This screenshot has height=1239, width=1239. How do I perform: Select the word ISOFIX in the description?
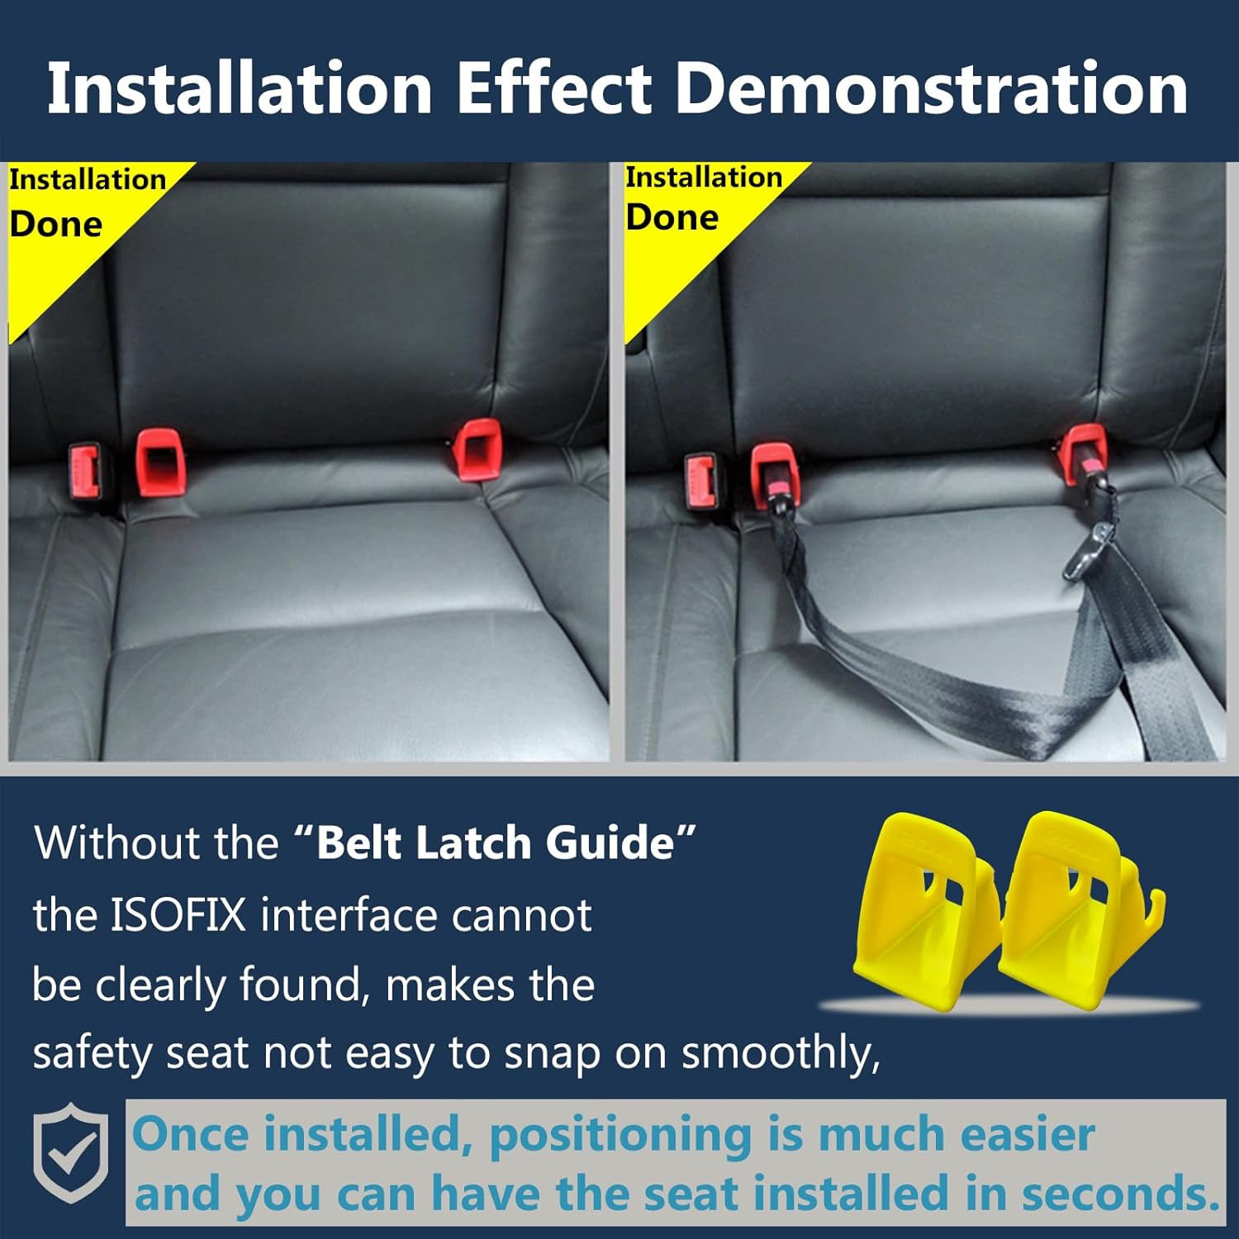pyautogui.click(x=178, y=915)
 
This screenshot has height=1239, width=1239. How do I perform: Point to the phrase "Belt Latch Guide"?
pyautogui.click(x=496, y=843)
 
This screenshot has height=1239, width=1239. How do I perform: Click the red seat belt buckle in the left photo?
pyautogui.click(x=84, y=472)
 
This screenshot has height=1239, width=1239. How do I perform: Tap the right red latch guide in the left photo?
pyautogui.click(x=477, y=449)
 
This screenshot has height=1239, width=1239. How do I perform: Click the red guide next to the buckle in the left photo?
pyautogui.click(x=160, y=461)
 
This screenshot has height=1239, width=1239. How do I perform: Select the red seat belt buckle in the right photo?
pyautogui.click(x=700, y=482)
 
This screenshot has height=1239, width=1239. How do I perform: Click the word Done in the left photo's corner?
pyautogui.click(x=56, y=225)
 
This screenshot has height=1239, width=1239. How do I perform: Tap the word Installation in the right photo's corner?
pyautogui.click(x=704, y=177)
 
